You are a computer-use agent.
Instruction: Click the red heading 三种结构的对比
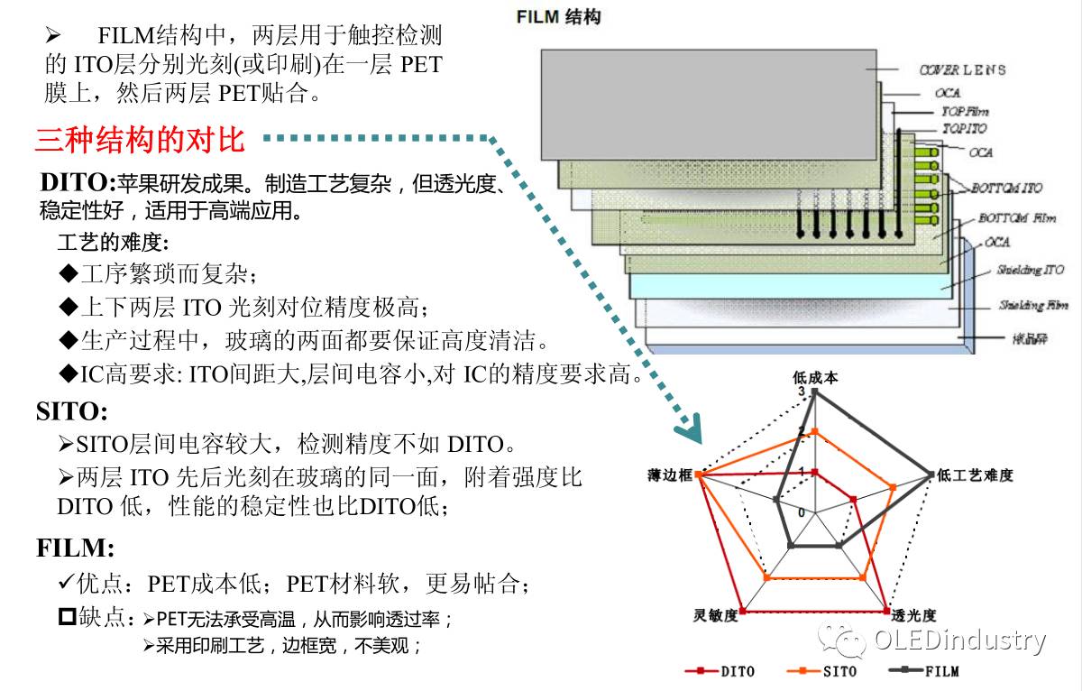[x=140, y=140]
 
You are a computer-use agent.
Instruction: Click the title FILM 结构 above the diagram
[x=559, y=17]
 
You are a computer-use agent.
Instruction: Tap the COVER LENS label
[x=962, y=69]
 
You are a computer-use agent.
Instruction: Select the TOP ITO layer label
[x=964, y=129]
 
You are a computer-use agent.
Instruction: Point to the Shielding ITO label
[x=1030, y=270]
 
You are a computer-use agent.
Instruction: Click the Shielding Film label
[x=1033, y=306]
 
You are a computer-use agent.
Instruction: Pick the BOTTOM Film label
[x=1016, y=218]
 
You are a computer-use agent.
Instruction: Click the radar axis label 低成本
[x=815, y=377]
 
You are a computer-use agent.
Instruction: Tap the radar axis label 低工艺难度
[x=976, y=474]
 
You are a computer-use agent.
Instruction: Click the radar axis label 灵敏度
[x=716, y=616]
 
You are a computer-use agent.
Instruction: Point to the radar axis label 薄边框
[x=669, y=474]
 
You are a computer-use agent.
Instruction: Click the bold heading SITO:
[x=72, y=412]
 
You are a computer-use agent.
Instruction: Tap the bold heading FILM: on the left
[x=76, y=548]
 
